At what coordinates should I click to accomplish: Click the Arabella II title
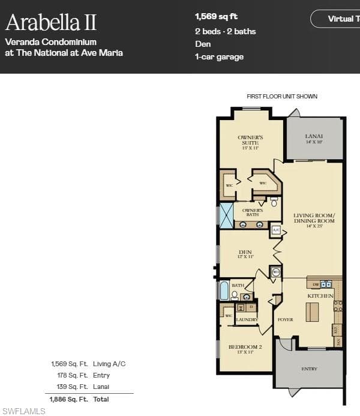pyautogui.click(x=51, y=23)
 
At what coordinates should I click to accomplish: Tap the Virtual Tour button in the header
pyautogui.click(x=339, y=19)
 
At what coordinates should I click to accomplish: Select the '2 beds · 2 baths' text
pyautogui.click(x=225, y=31)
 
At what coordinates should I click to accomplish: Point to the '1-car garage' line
pyautogui.click(x=219, y=57)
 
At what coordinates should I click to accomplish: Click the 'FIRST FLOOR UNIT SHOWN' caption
pyautogui.click(x=281, y=96)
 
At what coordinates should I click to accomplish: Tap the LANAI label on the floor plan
pyautogui.click(x=314, y=137)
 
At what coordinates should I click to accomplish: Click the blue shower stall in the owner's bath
pyautogui.click(x=226, y=216)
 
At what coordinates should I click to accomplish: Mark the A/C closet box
pyautogui.click(x=275, y=230)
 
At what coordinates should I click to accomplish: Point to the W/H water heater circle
pyautogui.click(x=275, y=272)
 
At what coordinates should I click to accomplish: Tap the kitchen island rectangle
pyautogui.click(x=312, y=312)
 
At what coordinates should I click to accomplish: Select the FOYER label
pyautogui.click(x=285, y=319)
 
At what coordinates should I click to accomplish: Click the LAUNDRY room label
pyautogui.click(x=247, y=319)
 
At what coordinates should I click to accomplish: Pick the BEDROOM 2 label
pyautogui.click(x=245, y=348)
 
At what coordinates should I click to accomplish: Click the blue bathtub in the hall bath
pyautogui.click(x=224, y=291)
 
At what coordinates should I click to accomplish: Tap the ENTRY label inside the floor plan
pyautogui.click(x=309, y=369)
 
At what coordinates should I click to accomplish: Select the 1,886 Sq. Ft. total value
pyautogui.click(x=68, y=399)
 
